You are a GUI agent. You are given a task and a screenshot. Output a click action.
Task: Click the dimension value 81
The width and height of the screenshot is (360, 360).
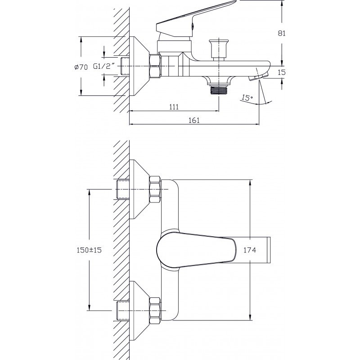tap(282, 33)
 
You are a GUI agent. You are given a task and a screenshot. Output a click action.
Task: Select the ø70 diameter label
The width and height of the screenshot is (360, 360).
tap(81, 67)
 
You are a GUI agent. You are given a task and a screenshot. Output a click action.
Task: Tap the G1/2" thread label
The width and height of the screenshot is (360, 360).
tap(104, 66)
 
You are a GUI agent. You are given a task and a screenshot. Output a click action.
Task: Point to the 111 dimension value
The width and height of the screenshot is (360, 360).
tap(174, 107)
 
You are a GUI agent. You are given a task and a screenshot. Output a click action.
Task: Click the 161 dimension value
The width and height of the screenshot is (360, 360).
tap(194, 120)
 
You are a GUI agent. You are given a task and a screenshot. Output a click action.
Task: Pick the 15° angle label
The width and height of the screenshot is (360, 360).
tap(247, 98)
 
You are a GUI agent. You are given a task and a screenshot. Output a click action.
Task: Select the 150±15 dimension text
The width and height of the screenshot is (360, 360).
tap(89, 250)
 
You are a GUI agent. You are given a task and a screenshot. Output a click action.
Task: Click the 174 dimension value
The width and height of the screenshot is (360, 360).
tap(250, 250)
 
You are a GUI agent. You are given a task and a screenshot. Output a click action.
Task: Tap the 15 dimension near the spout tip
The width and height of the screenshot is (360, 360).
tap(282, 72)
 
